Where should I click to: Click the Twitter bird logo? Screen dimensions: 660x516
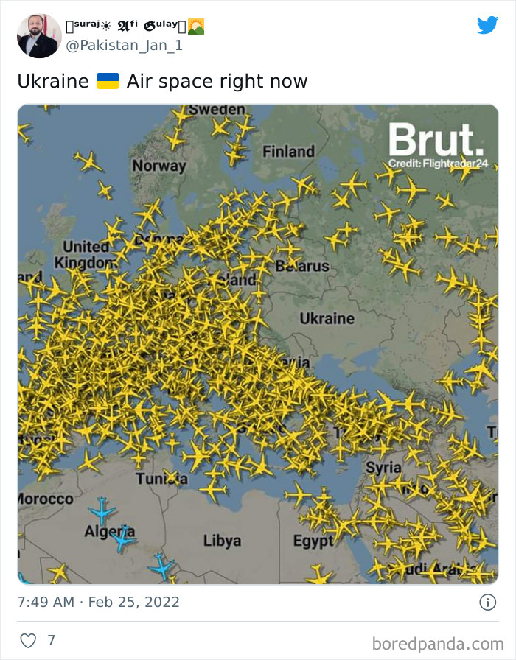coord(487,25)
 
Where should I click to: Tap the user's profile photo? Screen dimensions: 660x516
coord(39,35)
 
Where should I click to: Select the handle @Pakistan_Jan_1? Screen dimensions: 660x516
coord(125,46)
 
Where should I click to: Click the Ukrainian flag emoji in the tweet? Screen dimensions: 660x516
coord(108,81)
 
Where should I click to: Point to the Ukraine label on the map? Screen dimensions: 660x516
coord(327,318)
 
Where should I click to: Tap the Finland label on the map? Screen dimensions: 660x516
coord(288,152)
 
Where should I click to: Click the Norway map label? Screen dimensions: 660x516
coord(159,166)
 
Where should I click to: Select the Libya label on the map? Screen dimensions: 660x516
coord(222,541)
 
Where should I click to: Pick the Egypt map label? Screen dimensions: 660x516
coord(313,541)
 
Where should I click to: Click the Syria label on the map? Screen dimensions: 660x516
coord(383,468)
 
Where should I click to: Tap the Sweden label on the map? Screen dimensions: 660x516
coord(216,110)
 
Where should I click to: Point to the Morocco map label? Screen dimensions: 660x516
coord(45,499)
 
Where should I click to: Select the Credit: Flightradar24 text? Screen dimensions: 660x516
coord(438,163)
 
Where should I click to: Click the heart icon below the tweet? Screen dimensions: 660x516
coord(28,641)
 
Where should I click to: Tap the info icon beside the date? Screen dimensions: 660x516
coord(487,602)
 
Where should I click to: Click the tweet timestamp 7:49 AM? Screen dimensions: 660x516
coord(46,602)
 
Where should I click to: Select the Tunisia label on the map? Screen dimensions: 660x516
coord(161,479)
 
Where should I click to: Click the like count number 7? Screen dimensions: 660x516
coord(51,641)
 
